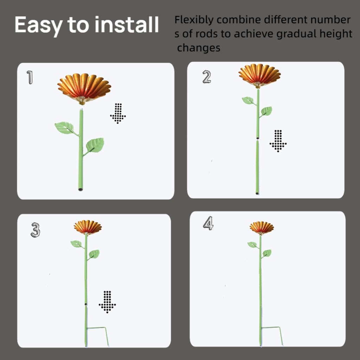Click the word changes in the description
(199, 48)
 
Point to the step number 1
(30, 77)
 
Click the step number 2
(207, 77)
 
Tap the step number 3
(36, 230)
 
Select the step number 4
(208, 223)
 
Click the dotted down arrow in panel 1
(118, 114)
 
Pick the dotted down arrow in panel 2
(278, 141)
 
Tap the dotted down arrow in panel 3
(107, 302)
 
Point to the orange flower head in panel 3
(88, 227)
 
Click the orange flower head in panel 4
(262, 228)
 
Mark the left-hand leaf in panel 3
(76, 244)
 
